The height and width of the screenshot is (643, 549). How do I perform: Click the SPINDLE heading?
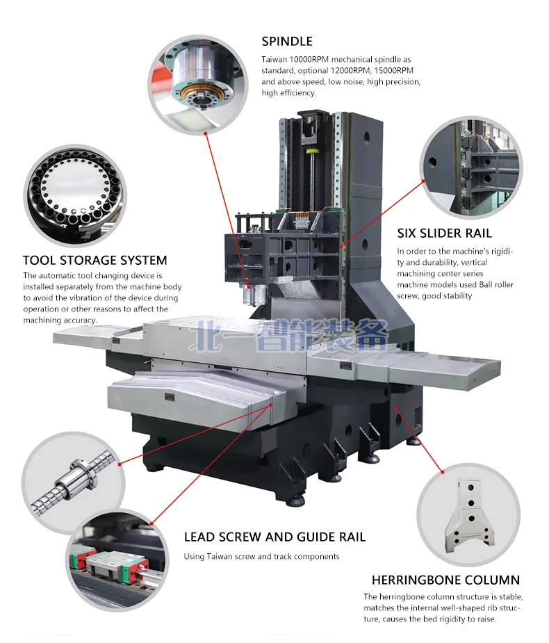[287, 41]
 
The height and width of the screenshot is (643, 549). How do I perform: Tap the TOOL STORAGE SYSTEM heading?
[95, 261]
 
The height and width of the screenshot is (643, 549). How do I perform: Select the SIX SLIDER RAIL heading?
[444, 234]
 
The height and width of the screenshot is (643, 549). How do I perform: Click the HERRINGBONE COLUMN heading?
[445, 580]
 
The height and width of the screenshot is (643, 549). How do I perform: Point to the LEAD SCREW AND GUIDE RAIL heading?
[274, 537]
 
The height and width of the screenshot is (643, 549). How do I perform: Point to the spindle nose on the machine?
[250, 295]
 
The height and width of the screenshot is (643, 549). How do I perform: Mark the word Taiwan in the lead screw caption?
[214, 557]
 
